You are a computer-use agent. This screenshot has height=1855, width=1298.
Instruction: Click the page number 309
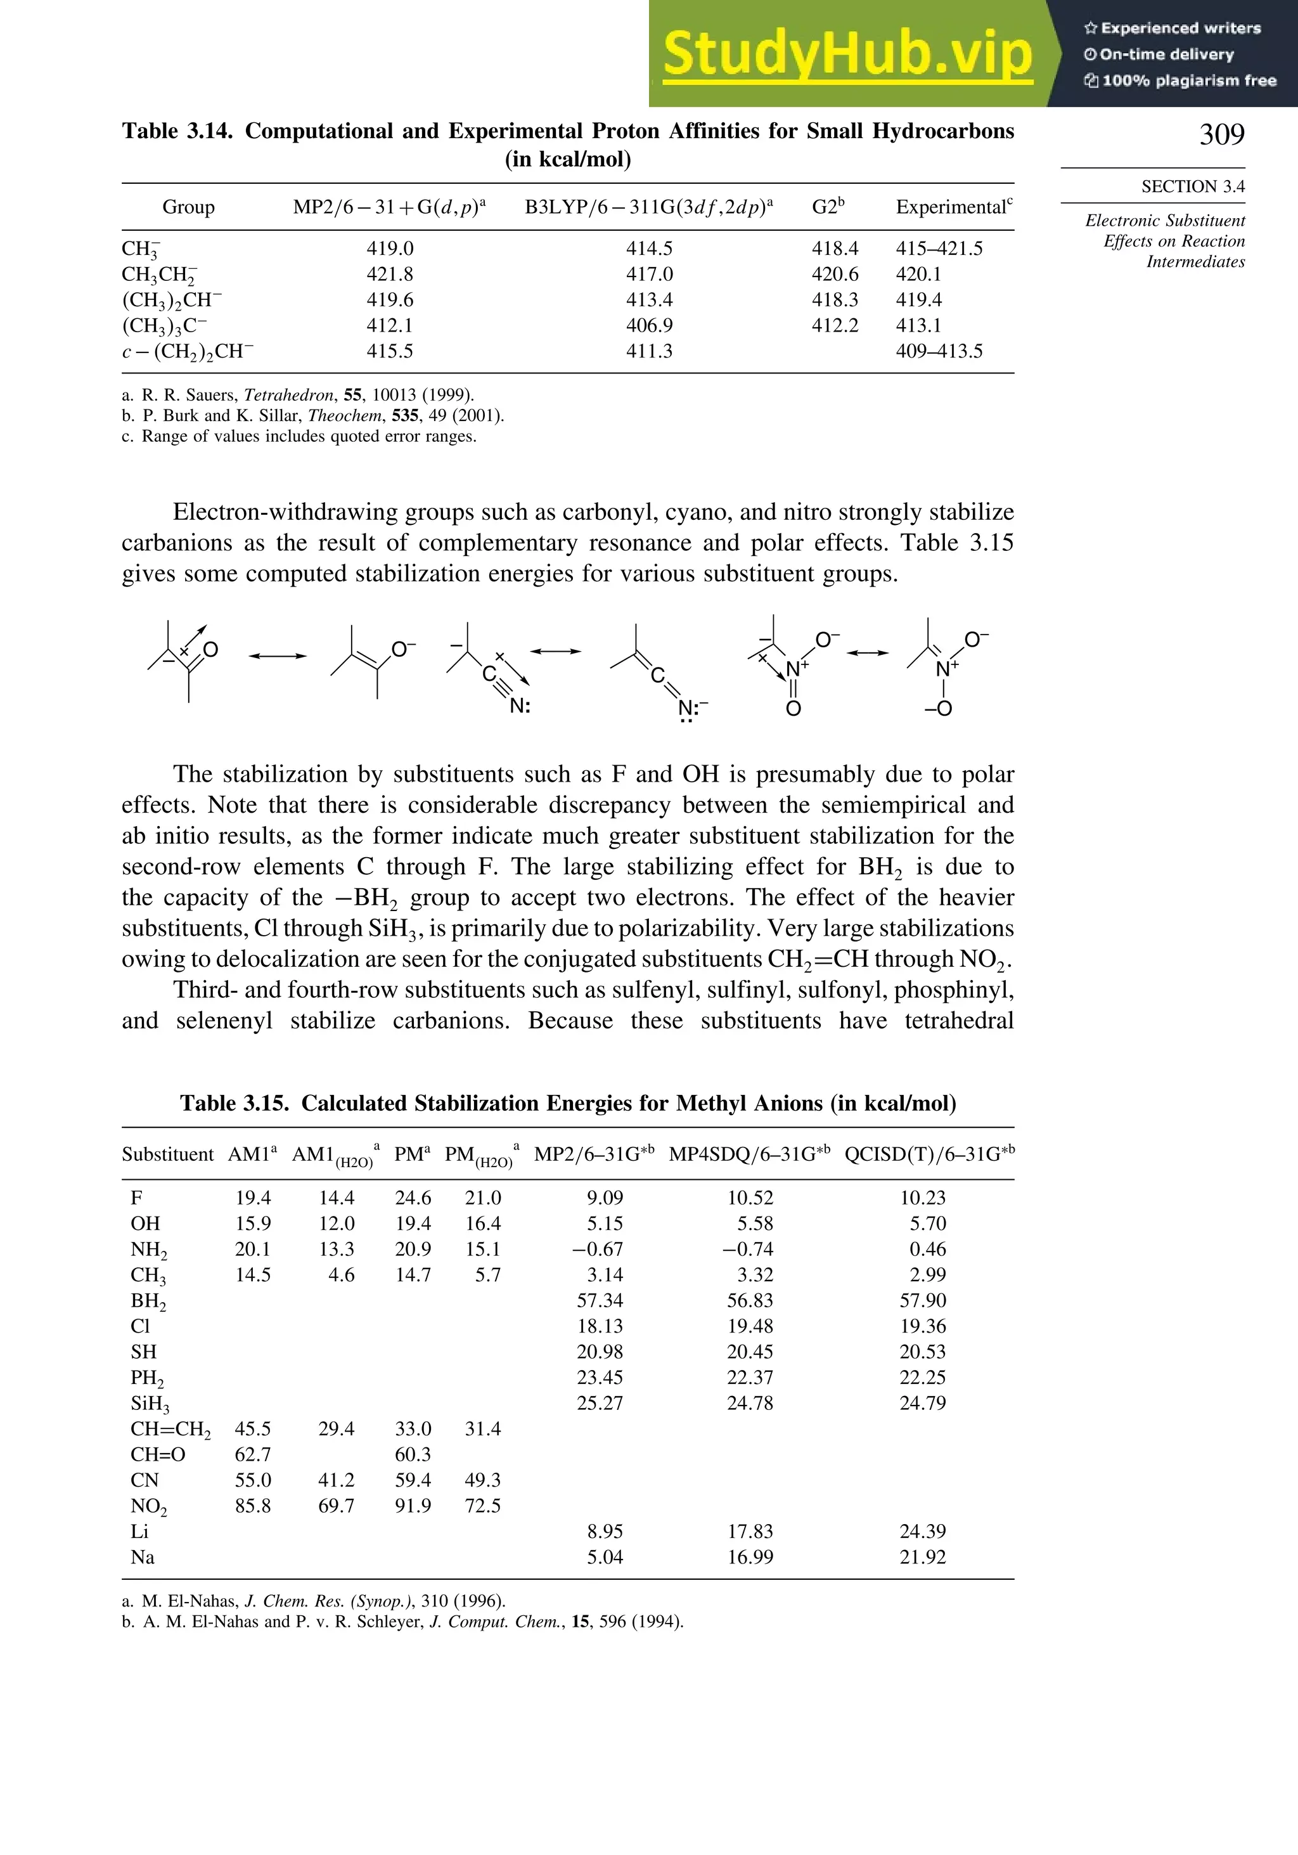pos(1221,134)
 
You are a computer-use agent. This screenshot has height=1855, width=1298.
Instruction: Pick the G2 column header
pos(828,207)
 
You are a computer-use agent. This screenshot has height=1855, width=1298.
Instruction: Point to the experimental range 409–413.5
pos(939,351)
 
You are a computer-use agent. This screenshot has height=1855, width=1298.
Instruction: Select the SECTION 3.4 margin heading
pos(1192,186)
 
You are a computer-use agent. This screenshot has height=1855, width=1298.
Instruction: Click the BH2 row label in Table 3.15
pos(148,1302)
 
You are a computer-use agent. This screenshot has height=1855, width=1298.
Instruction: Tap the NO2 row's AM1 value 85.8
pos(253,1506)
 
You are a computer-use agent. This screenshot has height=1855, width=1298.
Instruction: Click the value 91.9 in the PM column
pos(413,1506)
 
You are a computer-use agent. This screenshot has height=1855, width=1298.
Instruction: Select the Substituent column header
pos(168,1154)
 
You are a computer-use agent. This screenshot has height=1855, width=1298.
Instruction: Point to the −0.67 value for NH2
pos(598,1249)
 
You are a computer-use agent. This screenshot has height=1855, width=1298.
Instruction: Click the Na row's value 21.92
pos(922,1557)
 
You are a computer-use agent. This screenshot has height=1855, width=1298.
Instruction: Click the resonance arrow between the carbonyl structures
pos(277,656)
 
